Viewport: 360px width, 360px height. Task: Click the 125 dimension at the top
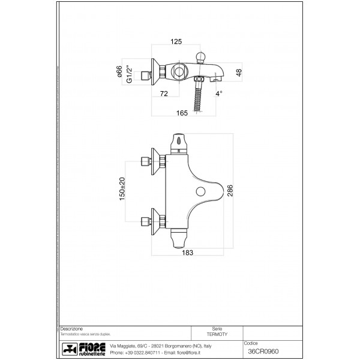point(176,42)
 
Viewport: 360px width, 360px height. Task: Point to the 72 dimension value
point(163,94)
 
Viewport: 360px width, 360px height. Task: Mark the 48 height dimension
point(239,73)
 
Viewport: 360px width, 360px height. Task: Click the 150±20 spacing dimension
point(122,188)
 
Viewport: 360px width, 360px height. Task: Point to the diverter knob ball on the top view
point(202,57)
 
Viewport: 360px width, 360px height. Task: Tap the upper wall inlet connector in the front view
point(146,162)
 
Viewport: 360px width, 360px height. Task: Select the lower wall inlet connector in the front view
point(146,219)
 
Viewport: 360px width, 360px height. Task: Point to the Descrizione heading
point(71,329)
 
